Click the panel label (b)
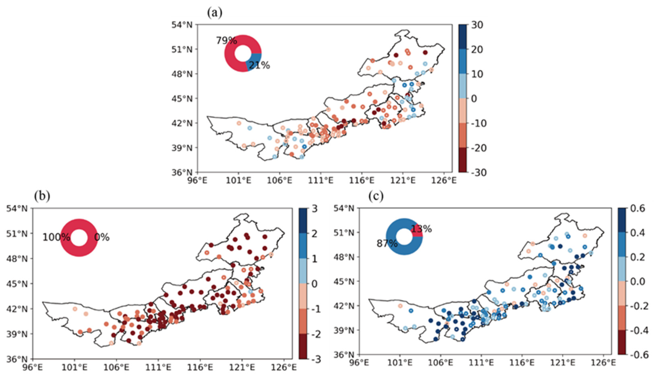pos(42,196)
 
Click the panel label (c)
pos(376,196)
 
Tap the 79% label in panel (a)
pos(227,41)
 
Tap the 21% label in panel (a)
pos(259,66)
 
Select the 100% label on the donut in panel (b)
pos(56,237)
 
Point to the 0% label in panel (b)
pos(102,237)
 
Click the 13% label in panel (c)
pos(421,229)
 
